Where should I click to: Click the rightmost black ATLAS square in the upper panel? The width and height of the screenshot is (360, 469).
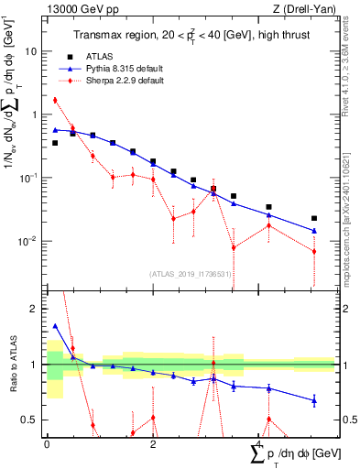click(x=314, y=219)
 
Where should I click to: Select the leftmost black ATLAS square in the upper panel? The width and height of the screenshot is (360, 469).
click(x=55, y=143)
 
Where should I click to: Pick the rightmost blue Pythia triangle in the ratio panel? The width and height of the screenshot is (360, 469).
click(x=314, y=400)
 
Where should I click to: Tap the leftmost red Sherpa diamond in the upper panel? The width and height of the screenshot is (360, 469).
click(x=55, y=100)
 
